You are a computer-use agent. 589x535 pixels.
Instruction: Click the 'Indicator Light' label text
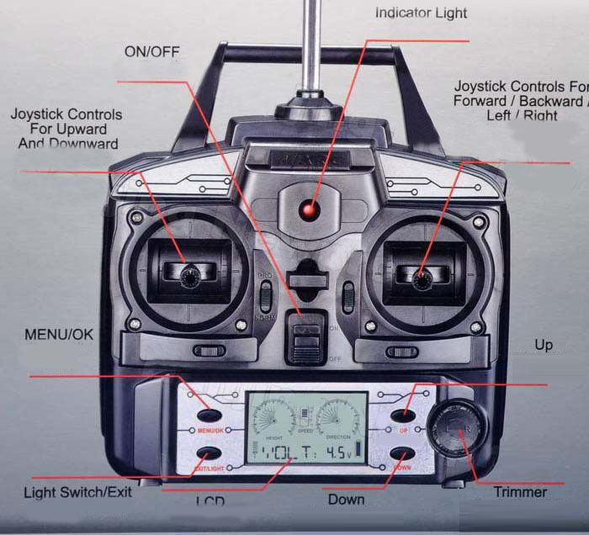[421, 13]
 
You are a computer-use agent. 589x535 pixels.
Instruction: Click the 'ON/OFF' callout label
[152, 51]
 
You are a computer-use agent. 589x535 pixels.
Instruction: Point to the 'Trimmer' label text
[520, 492]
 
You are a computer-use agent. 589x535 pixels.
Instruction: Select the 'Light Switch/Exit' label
[77, 492]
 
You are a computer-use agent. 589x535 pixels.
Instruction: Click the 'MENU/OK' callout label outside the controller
[59, 334]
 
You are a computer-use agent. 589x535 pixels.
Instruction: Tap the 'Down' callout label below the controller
[346, 500]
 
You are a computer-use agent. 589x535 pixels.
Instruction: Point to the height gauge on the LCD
[274, 415]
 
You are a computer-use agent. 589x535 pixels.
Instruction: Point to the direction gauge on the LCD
[340, 415]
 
